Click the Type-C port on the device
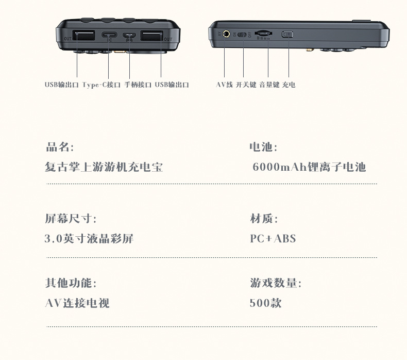pos(109,36)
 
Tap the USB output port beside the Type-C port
pos(83,36)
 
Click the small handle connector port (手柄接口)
pos(129,36)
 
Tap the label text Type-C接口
pos(101,85)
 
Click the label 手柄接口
pos(138,85)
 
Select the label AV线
pos(225,85)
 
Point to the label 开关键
pos(246,85)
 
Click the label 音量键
pos(269,85)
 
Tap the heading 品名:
pos(60,147)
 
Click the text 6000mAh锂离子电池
pos(309,167)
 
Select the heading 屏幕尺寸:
pos(71,219)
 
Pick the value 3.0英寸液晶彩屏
pos(89,238)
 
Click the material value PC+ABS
pos(273,238)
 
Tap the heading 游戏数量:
pos(276,283)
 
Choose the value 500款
pos(266,303)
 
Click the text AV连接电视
pos(77,303)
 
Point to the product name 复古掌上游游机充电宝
pos(104,167)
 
